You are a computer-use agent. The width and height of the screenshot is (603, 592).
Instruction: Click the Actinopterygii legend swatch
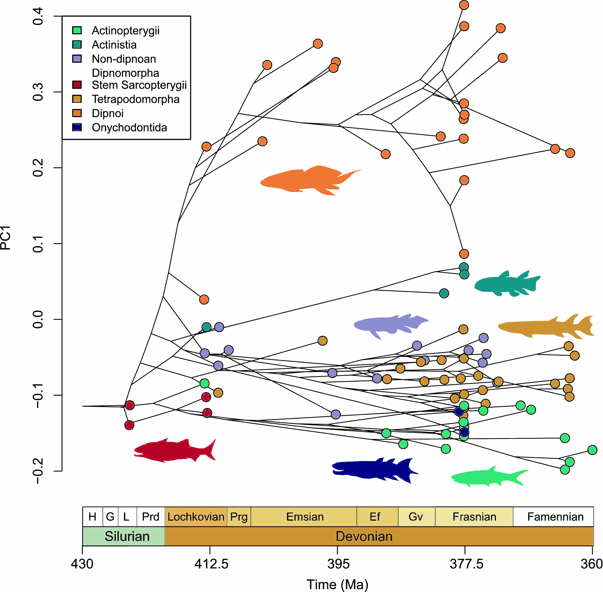pyautogui.click(x=77, y=30)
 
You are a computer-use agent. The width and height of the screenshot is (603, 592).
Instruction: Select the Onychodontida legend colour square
pyautogui.click(x=77, y=127)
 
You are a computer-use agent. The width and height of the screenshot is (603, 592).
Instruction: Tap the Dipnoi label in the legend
pyautogui.click(x=108, y=113)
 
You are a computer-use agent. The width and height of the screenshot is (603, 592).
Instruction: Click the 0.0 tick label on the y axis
pyautogui.click(x=38, y=319)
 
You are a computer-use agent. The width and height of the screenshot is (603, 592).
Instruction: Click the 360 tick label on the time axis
pyautogui.click(x=591, y=563)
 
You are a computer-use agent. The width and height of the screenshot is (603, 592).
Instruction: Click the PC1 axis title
pyautogui.click(x=6, y=238)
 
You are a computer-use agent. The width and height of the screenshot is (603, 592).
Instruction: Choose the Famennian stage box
pyautogui.click(x=555, y=517)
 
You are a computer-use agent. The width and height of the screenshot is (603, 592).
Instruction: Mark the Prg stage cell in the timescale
pyautogui.click(x=239, y=517)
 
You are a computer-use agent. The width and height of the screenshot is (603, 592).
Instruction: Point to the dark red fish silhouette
pyautogui.click(x=174, y=451)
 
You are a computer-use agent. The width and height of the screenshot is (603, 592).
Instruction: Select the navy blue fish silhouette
pyautogui.click(x=373, y=469)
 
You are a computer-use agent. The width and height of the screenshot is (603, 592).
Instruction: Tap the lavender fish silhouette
pyautogui.click(x=390, y=325)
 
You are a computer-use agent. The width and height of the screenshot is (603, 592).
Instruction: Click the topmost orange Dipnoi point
pyautogui.click(x=464, y=5)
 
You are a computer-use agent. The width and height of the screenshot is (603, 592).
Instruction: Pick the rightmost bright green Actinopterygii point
pyautogui.click(x=592, y=450)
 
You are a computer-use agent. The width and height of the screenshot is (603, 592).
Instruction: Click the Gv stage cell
pyautogui.click(x=416, y=517)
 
